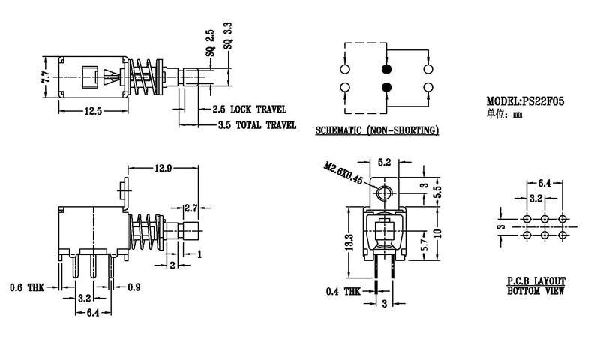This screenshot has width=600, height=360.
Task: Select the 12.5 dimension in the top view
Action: coord(93,111)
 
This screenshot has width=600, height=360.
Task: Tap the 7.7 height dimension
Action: coord(45,76)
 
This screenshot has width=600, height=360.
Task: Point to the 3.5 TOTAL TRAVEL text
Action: coord(256,125)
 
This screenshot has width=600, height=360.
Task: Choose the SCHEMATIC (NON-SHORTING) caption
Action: coord(376,130)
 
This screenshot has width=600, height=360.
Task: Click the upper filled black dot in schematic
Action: coord(386,68)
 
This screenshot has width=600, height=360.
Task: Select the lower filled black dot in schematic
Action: coord(386,88)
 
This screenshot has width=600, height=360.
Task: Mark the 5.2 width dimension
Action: coord(384,162)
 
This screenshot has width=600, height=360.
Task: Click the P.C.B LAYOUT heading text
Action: coord(535,280)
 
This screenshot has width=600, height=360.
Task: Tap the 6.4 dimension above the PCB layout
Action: coord(545,182)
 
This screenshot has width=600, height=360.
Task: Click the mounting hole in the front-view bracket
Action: coord(384,194)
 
